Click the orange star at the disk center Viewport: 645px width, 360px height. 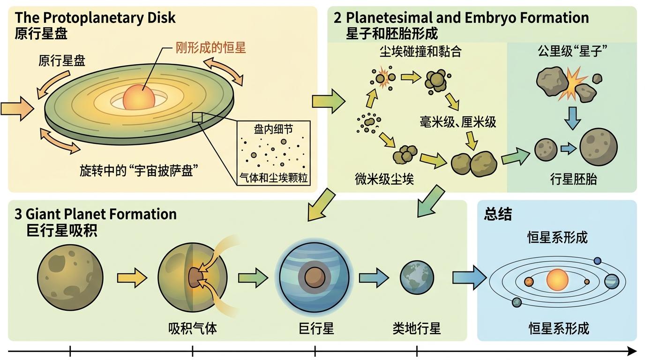tap(138, 97)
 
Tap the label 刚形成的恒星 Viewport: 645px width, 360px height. tap(210, 48)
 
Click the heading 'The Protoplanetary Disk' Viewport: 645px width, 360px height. tap(95, 18)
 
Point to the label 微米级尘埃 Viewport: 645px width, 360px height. tap(384, 179)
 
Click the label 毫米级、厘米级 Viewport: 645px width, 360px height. tap(458, 123)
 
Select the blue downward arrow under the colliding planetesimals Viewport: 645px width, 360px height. tap(572, 118)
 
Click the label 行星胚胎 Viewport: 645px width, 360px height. tap(573, 179)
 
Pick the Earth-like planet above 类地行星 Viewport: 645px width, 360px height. tap(417, 278)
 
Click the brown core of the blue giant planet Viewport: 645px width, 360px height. tap(312, 277)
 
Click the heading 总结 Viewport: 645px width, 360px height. tap(498, 215)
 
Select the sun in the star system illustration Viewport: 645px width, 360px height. tap(557, 280)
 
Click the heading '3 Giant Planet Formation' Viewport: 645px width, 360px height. tap(96, 214)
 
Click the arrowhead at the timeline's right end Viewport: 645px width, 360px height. tap(633, 351)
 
